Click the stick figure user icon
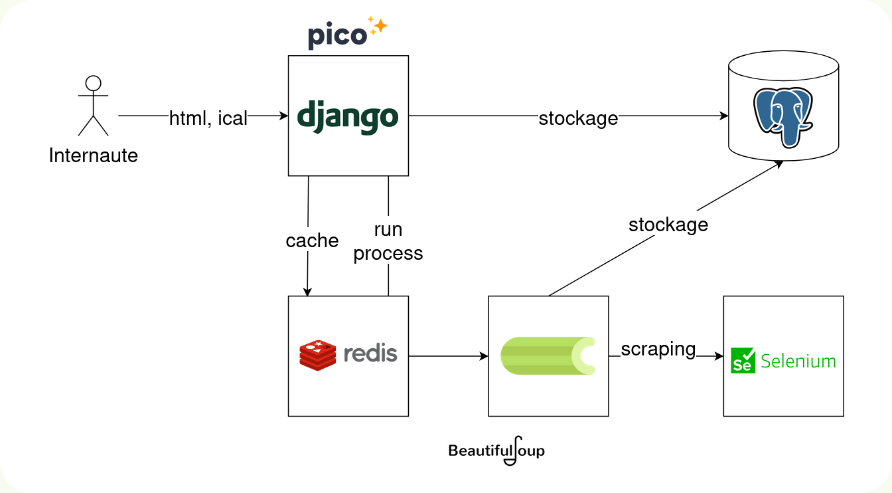click(93, 106)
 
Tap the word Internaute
click(94, 155)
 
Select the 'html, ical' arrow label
click(208, 118)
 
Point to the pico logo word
click(337, 35)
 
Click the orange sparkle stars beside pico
click(378, 26)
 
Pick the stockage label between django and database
click(578, 118)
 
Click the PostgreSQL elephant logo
click(783, 117)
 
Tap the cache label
click(312, 240)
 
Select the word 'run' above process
click(388, 229)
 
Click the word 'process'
click(388, 253)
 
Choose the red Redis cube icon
click(318, 355)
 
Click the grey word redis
click(370, 353)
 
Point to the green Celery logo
click(548, 356)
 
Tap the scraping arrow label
click(658, 349)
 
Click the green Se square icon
click(743, 360)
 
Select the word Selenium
click(798, 361)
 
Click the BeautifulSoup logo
click(496, 450)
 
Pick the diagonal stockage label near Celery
click(668, 225)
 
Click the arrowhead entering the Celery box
click(484, 356)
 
